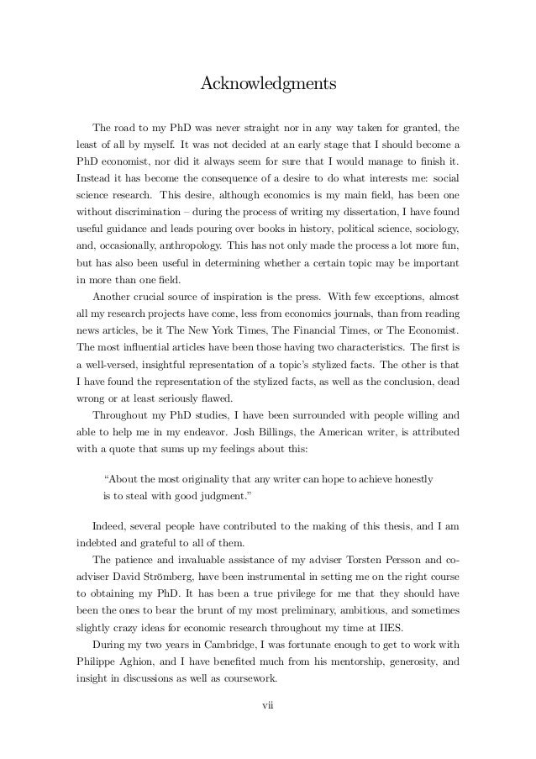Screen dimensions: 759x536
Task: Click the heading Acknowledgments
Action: pos(268,85)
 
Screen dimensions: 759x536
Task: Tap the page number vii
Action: pos(268,716)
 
